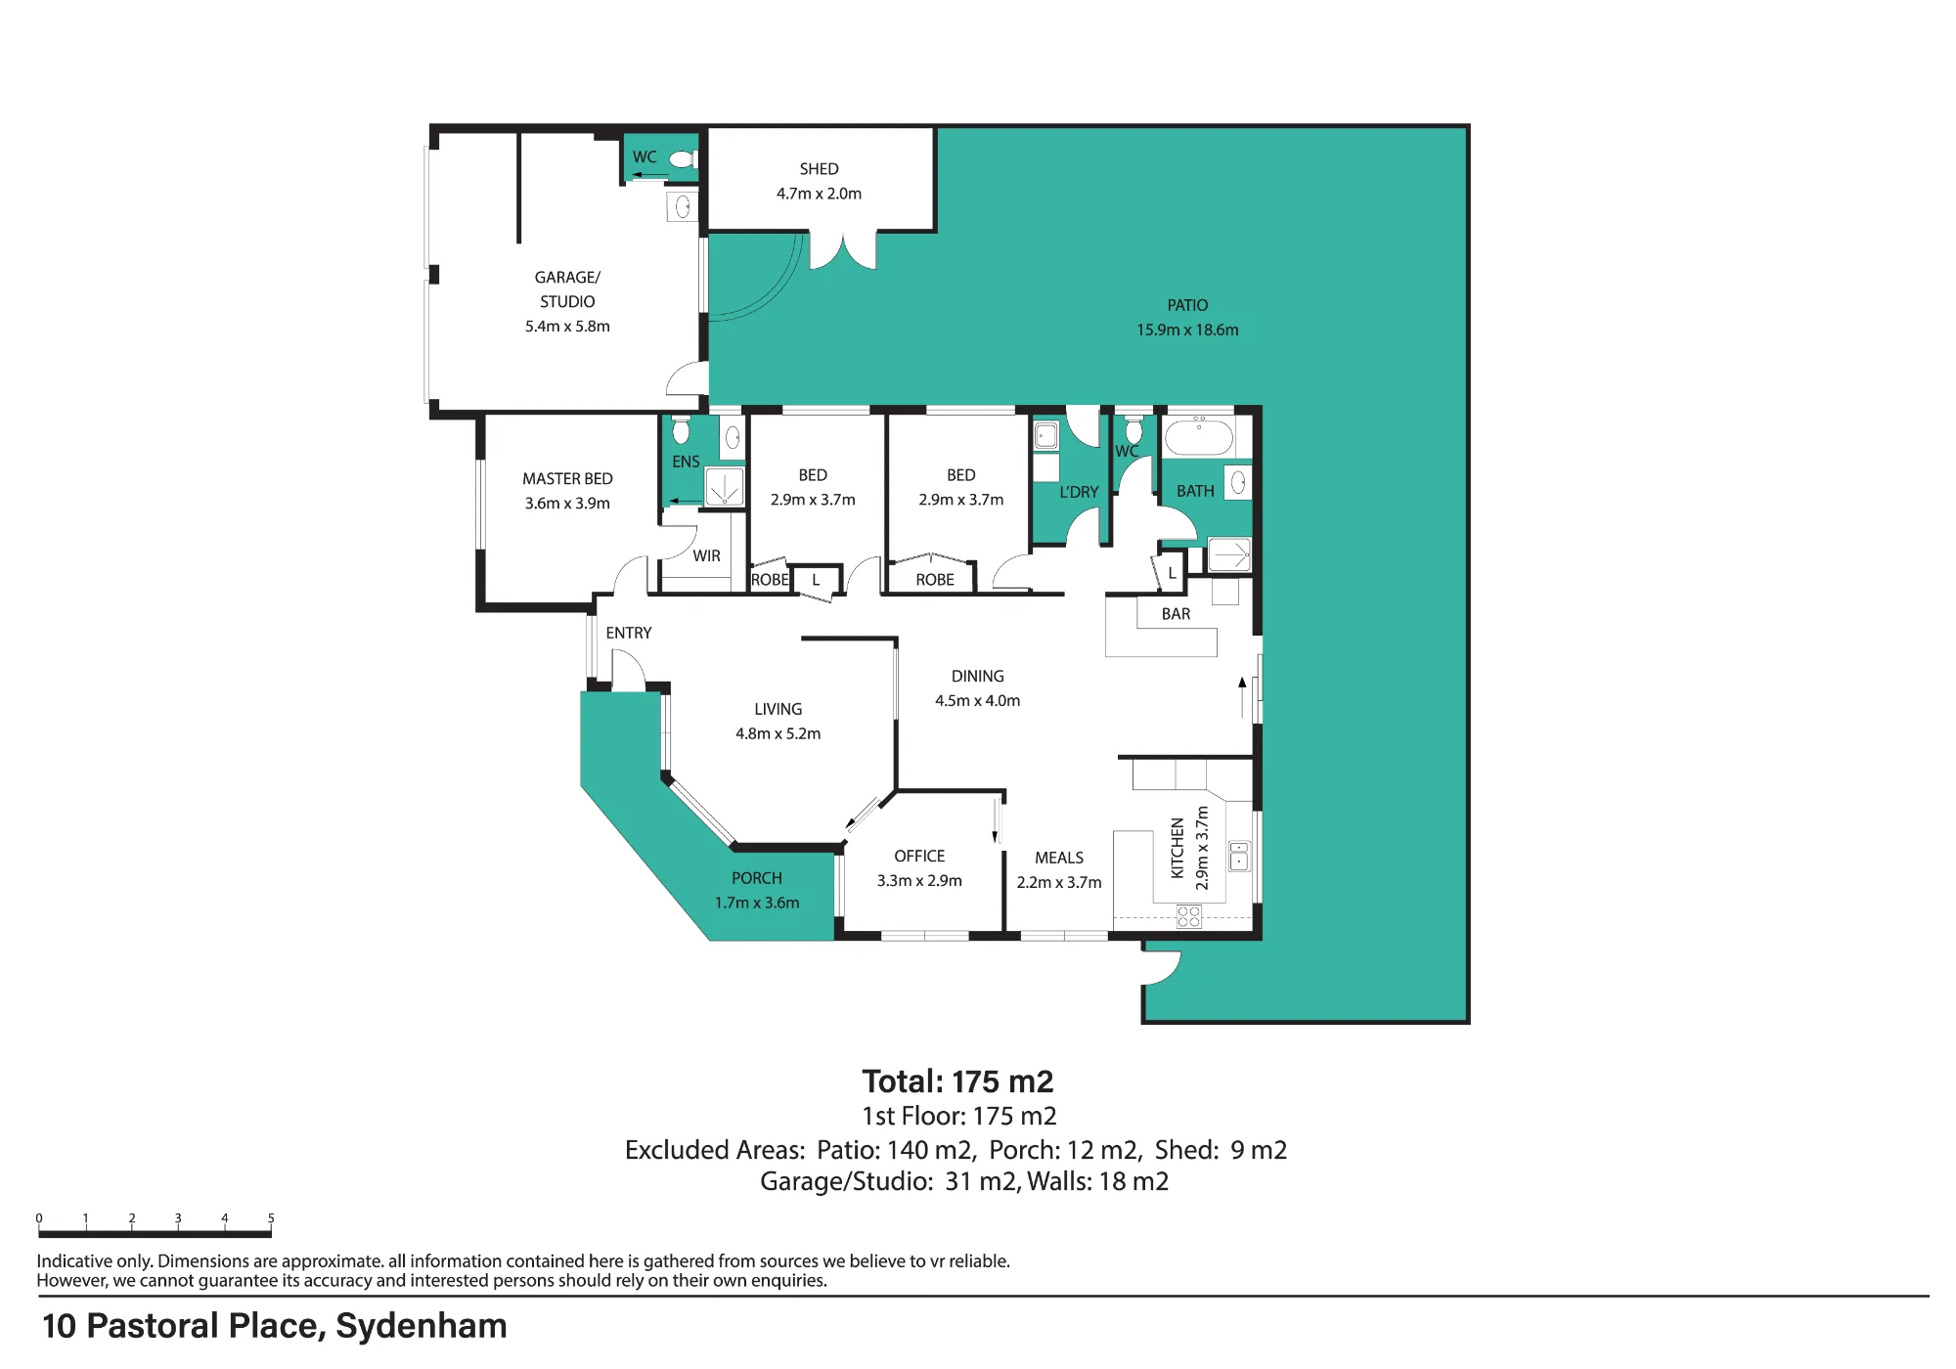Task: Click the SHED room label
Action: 819,169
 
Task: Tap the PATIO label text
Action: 1187,305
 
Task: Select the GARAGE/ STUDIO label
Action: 567,289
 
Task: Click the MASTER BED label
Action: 567,478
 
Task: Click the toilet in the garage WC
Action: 683,158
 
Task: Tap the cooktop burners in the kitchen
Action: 1188,916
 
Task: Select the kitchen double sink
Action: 1239,856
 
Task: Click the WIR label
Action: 706,555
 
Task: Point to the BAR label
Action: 1176,614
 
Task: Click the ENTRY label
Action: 628,633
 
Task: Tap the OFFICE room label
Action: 919,856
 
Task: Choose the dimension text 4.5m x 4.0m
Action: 977,700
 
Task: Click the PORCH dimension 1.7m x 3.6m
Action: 757,903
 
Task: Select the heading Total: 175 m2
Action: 957,1082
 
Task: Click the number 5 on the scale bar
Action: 271,1218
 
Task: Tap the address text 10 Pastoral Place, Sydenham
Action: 275,1326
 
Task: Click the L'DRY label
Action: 1079,492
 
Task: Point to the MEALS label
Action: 1059,858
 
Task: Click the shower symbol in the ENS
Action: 725,487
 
